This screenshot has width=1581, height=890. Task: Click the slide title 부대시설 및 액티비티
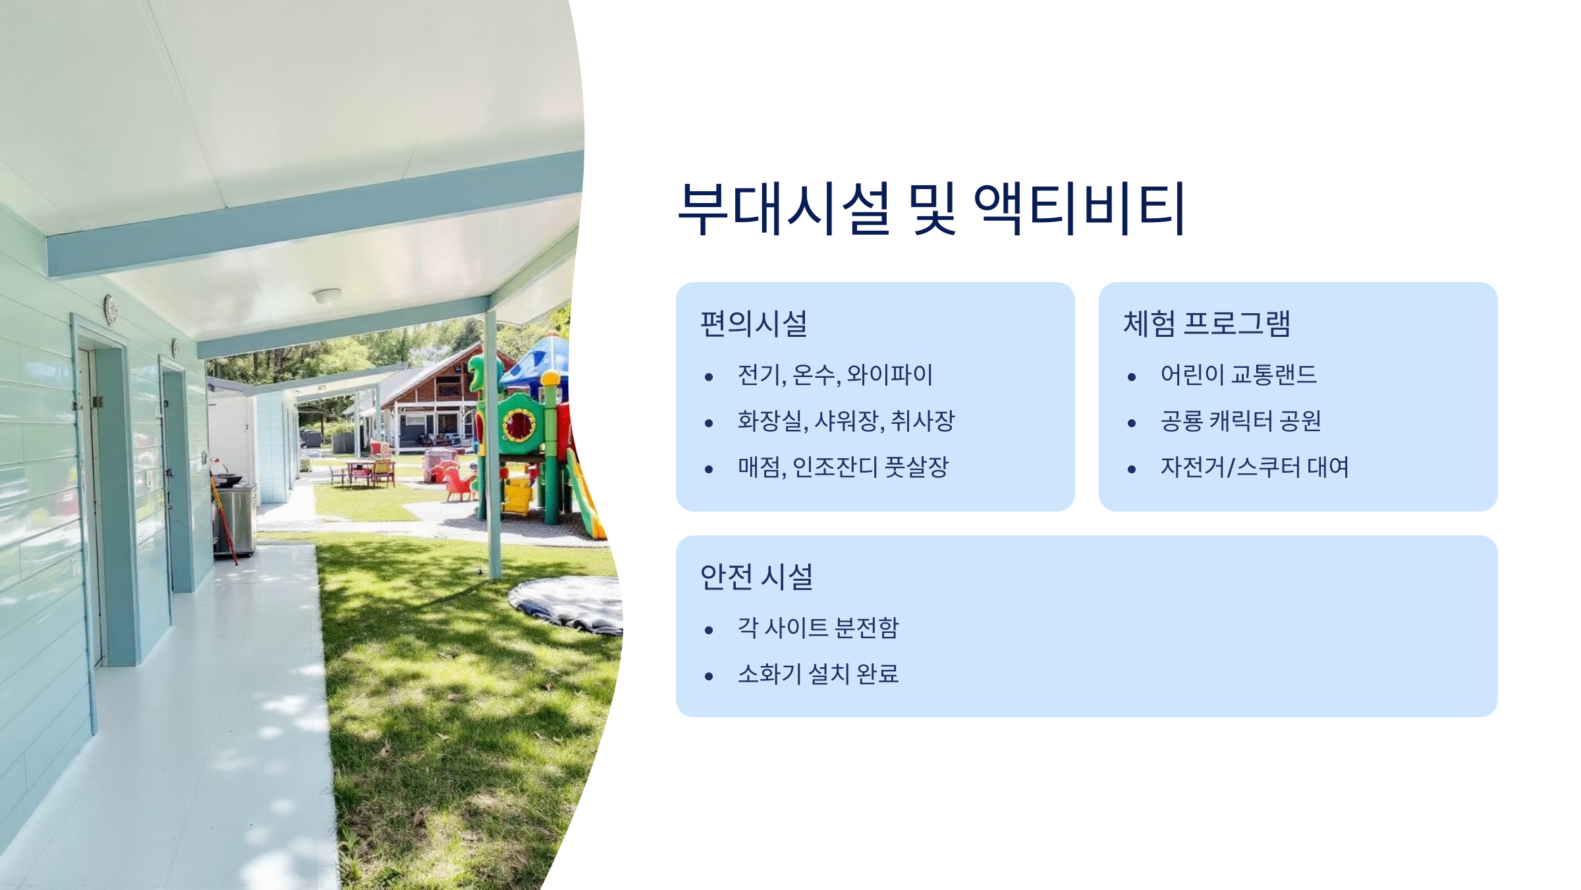931,208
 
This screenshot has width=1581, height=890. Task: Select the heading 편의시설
754,324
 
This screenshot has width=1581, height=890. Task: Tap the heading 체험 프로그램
1206,324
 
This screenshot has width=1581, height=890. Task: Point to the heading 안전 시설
756,577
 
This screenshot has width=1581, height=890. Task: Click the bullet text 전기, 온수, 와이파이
835,375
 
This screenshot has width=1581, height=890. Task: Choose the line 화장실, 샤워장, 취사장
846,421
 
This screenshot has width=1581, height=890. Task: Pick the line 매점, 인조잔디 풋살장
843,467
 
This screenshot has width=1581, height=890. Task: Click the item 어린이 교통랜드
1238,375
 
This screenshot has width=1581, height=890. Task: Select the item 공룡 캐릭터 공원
1240,421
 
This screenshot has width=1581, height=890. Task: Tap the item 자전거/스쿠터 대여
1254,467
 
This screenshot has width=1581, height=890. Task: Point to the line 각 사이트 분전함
818,628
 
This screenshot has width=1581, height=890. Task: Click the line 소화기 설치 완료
818,674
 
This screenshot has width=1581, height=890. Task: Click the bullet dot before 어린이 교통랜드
1132,377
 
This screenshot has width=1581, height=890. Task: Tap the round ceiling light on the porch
327,295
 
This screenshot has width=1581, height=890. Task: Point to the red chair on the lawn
459,485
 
